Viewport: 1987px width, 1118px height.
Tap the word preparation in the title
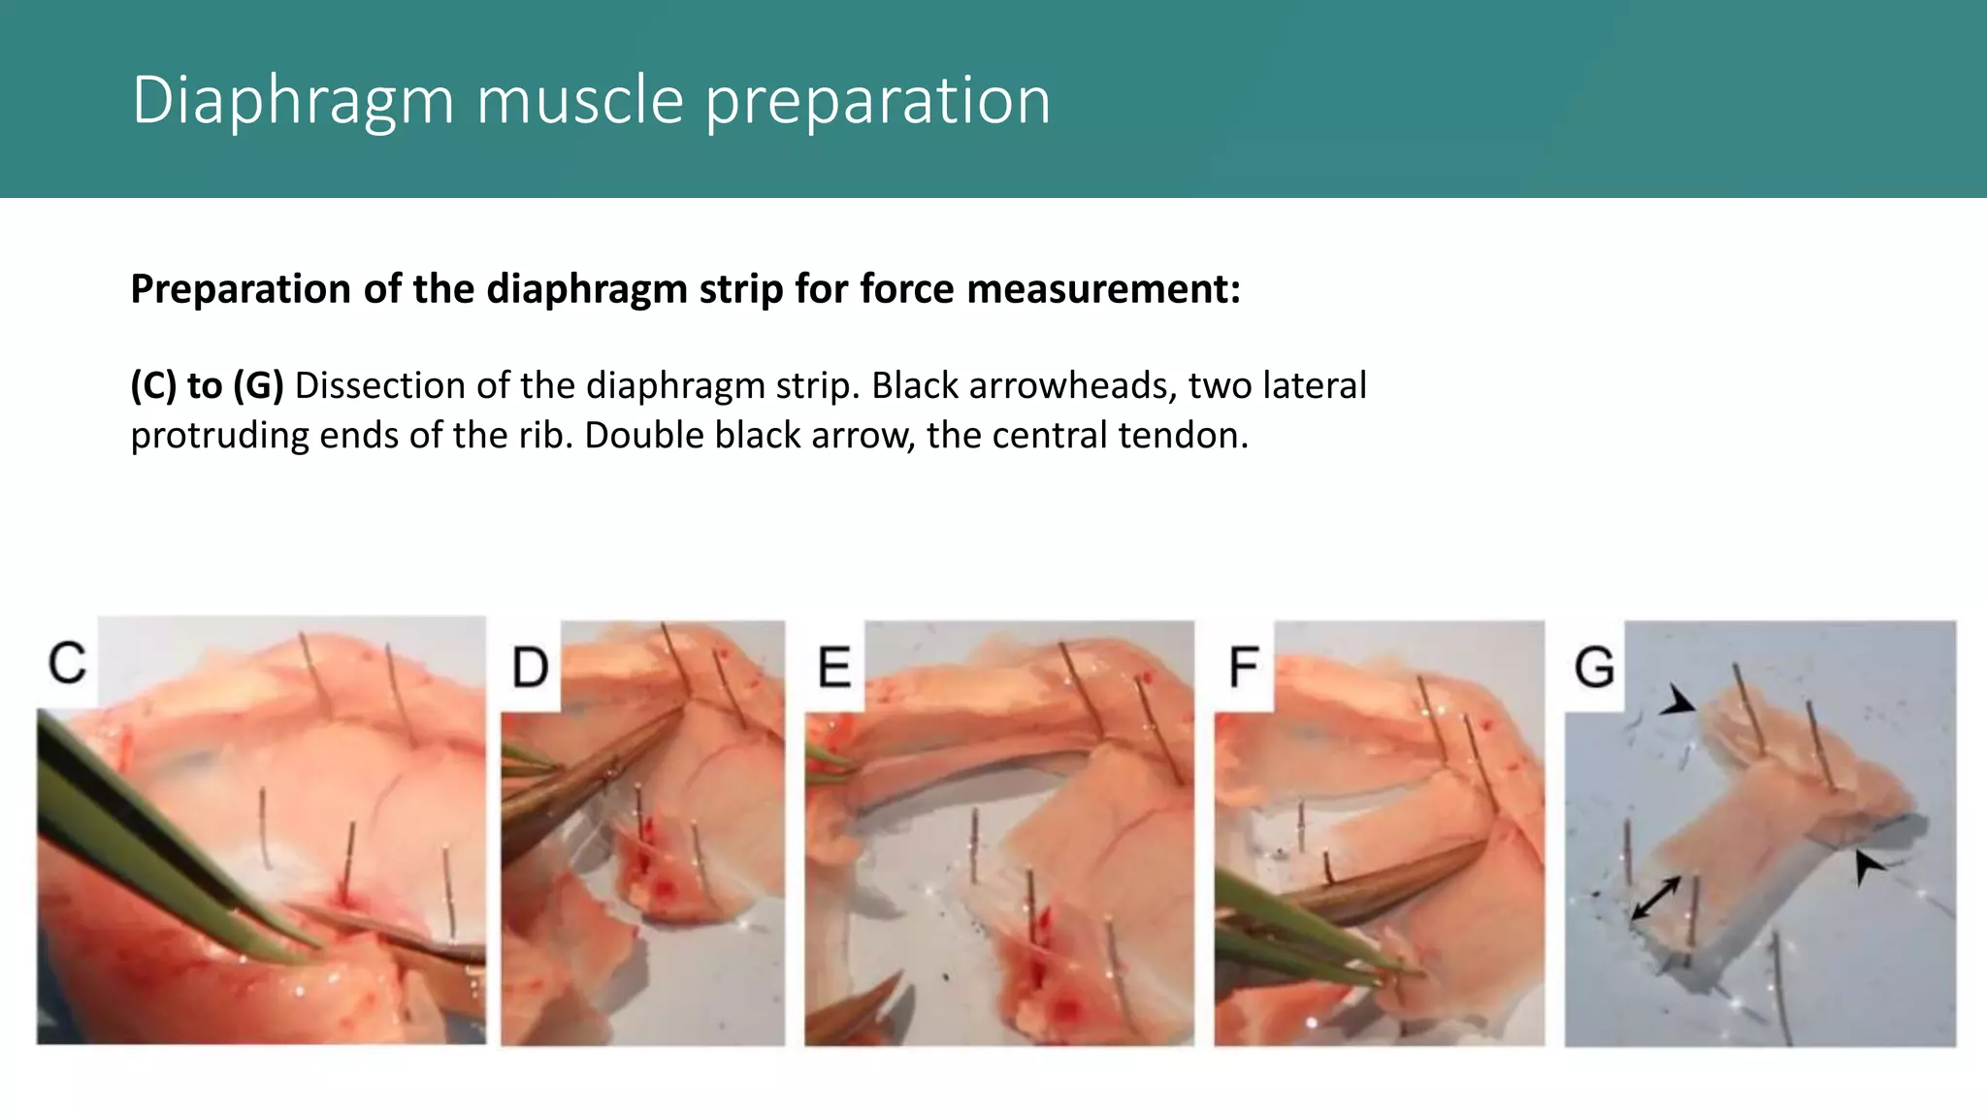(877, 101)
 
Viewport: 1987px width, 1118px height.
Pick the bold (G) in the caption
(258, 386)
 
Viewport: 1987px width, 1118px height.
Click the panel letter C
(67, 664)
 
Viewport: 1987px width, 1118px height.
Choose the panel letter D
(530, 669)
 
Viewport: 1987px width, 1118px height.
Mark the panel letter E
(834, 669)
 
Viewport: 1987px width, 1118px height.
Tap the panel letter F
(1244, 669)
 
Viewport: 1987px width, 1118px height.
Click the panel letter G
(1594, 669)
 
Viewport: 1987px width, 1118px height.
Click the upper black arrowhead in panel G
(1678, 701)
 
